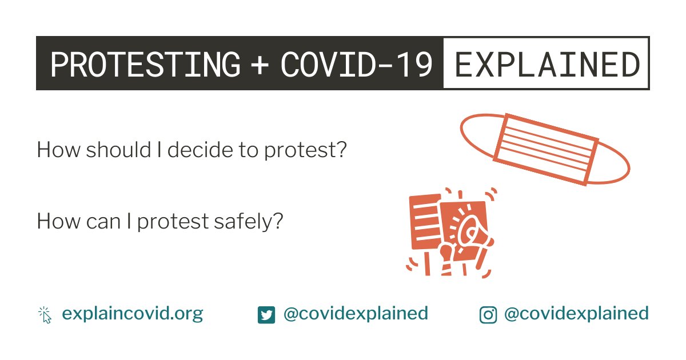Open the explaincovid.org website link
click(132, 314)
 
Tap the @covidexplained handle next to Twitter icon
click(356, 314)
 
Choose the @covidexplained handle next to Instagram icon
click(576, 314)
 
